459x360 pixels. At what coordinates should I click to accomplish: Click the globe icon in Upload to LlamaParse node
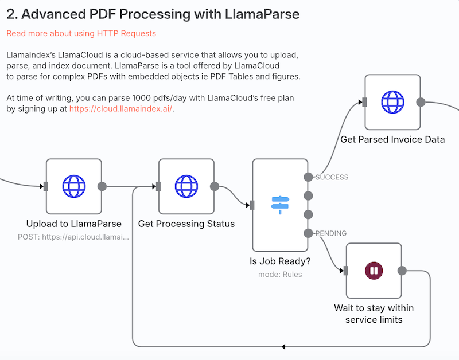click(x=73, y=186)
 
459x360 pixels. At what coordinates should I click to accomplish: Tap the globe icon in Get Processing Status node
click(x=186, y=186)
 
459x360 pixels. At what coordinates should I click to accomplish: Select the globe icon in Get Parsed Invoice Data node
click(x=392, y=102)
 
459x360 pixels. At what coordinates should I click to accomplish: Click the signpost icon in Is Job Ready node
click(x=280, y=205)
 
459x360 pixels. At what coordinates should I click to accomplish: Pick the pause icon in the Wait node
click(x=374, y=271)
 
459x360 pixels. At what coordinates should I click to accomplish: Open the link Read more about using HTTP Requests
click(x=81, y=33)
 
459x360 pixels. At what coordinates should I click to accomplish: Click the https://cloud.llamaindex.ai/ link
click(x=120, y=108)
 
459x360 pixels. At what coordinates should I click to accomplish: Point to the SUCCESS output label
click(x=332, y=177)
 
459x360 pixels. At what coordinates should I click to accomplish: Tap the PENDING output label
click(x=332, y=233)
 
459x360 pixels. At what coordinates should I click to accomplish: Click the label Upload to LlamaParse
click(x=73, y=224)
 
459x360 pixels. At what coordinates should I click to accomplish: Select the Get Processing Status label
click(x=186, y=224)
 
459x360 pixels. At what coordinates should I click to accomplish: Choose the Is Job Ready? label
click(x=280, y=261)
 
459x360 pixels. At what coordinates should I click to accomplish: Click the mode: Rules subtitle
click(x=280, y=274)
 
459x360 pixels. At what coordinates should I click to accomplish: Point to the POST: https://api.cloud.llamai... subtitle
click(x=73, y=236)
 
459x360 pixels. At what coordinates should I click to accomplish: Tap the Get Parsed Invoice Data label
click(x=392, y=139)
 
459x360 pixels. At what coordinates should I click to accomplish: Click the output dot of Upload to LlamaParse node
click(x=102, y=186)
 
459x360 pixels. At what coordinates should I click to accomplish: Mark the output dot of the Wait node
click(x=402, y=271)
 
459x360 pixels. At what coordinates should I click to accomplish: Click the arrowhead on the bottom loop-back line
click(x=283, y=347)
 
